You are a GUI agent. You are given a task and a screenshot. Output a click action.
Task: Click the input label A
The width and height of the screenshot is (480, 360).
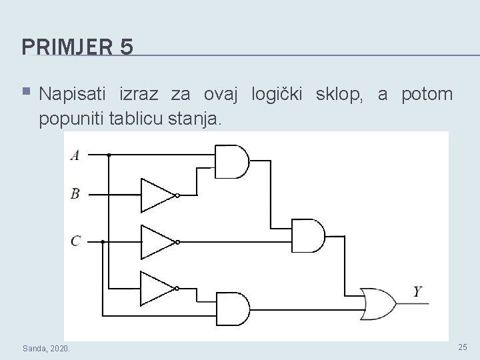pos(75,155)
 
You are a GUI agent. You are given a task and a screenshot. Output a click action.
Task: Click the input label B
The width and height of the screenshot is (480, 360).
pos(75,194)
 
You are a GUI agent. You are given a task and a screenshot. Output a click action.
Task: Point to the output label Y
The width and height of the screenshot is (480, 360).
pos(418,291)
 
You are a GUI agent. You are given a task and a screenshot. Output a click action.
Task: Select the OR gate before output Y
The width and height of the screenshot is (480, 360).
pos(377,303)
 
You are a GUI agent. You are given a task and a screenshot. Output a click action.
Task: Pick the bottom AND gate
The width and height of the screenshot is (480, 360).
pos(232,308)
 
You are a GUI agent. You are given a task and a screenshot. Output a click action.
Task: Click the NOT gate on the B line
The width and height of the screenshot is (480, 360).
pos(157,195)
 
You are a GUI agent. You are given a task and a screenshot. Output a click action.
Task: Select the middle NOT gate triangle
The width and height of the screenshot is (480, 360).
pos(157,241)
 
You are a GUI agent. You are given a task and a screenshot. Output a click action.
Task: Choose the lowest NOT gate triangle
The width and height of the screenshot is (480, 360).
pos(157,287)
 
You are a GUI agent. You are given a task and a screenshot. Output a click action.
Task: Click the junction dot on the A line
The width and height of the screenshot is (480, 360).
pos(109,154)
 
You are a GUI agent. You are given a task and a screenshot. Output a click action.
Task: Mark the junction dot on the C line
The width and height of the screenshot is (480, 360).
pos(102,241)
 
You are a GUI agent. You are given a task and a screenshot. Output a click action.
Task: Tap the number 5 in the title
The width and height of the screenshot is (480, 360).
pos(127,47)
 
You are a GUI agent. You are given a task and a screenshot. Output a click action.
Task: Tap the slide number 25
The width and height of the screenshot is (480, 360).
pos(463,347)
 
